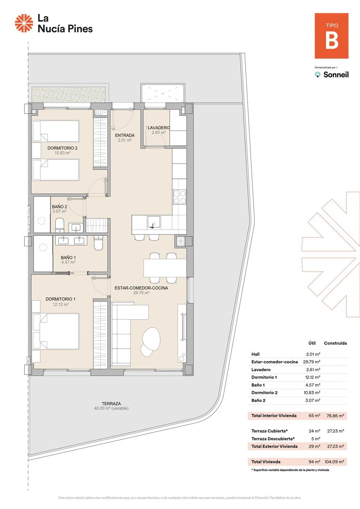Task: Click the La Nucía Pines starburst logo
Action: point(24,23)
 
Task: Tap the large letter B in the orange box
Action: point(332,40)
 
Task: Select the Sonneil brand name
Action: point(336,75)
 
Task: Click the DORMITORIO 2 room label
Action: point(62,148)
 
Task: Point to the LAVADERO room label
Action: point(159,128)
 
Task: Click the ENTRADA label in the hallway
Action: point(125,135)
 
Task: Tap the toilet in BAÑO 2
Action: point(60,225)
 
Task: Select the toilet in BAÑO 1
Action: point(98,243)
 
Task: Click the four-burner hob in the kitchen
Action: point(180,197)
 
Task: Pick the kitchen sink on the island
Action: point(154,222)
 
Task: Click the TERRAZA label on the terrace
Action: point(111,404)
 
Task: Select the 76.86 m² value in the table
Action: point(335,416)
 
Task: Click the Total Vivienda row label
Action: point(266,461)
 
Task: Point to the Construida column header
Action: point(335,343)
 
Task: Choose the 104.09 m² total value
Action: point(334,461)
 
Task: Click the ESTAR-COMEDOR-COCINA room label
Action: point(141,288)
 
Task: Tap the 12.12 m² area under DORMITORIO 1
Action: point(61,304)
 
